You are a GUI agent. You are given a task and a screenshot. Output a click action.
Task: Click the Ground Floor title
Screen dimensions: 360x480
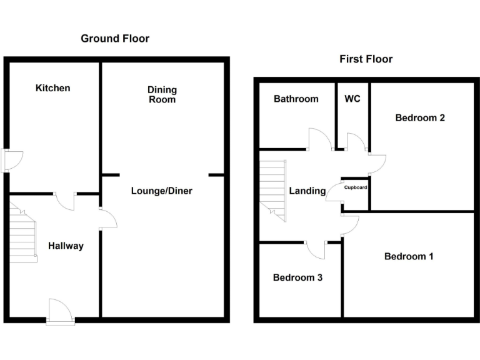pos(115,39)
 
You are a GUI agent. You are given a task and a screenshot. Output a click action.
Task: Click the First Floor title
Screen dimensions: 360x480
pos(366,59)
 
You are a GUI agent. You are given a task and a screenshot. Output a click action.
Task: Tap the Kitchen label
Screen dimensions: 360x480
pos(53,88)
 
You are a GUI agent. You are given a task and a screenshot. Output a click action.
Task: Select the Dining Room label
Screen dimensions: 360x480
pos(162,95)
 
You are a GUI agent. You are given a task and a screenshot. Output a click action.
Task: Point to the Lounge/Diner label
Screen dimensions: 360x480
pos(161,191)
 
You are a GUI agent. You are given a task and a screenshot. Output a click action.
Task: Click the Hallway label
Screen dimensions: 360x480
pos(66,246)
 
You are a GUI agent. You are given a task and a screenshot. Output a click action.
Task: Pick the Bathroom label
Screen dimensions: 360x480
pos(296,99)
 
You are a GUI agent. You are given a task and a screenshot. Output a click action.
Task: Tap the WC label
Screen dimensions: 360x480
pos(352,99)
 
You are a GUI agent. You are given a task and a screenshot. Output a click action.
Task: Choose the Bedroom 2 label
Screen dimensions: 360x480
pos(420,117)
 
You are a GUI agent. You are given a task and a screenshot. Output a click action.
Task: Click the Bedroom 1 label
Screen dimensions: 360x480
pos(409,256)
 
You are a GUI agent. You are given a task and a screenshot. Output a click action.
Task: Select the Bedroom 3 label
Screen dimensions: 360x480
pos(297,277)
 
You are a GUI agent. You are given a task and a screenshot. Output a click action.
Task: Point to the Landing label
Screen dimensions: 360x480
pos(307,191)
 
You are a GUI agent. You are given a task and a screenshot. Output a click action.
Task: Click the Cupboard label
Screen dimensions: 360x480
pos(355,187)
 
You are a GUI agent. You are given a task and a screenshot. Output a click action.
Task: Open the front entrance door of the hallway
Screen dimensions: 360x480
pos(60,311)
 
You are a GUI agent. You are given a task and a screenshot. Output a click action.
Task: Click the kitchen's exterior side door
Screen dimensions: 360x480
pos(12,161)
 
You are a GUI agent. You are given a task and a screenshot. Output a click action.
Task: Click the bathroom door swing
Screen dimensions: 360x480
pos(320,139)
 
